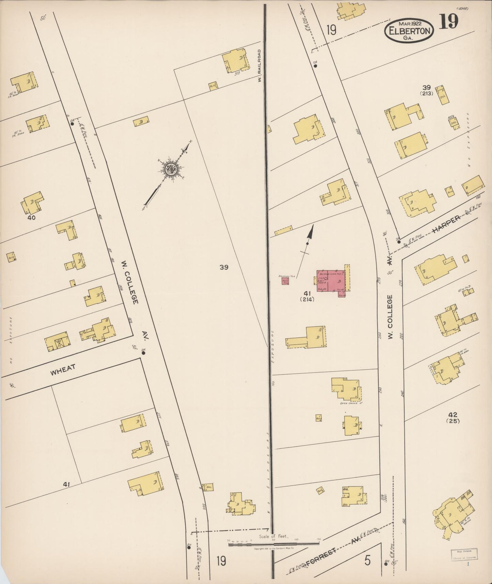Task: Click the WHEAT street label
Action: click(63, 369)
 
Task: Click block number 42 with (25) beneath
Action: click(453, 417)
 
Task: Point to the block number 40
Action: click(32, 217)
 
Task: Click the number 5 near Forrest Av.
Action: click(367, 560)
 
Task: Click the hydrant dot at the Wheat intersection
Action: click(143, 353)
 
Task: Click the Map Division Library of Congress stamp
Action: click(464, 554)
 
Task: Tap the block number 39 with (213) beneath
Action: click(426, 90)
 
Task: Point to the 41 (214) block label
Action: click(307, 296)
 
